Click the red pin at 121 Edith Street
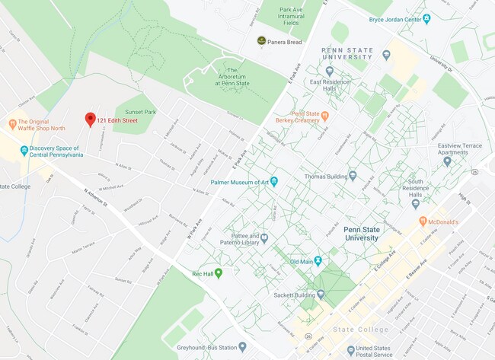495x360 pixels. tap(90, 119)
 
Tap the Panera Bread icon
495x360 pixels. tap(261, 41)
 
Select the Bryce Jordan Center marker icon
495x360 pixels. tap(426, 18)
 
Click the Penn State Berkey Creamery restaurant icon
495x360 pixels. tap(324, 116)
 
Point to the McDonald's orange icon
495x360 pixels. tap(422, 221)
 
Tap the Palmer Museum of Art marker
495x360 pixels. tap(274, 181)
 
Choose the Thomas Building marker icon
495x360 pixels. tap(352, 175)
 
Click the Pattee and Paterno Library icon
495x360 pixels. tap(264, 238)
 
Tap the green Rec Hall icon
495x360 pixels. tap(219, 273)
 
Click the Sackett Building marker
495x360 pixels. tap(321, 294)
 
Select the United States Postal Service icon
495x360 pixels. tap(350, 349)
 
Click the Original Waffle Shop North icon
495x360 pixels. tap(12, 123)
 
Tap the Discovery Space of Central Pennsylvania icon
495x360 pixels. tap(24, 151)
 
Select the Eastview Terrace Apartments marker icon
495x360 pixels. tap(447, 161)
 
